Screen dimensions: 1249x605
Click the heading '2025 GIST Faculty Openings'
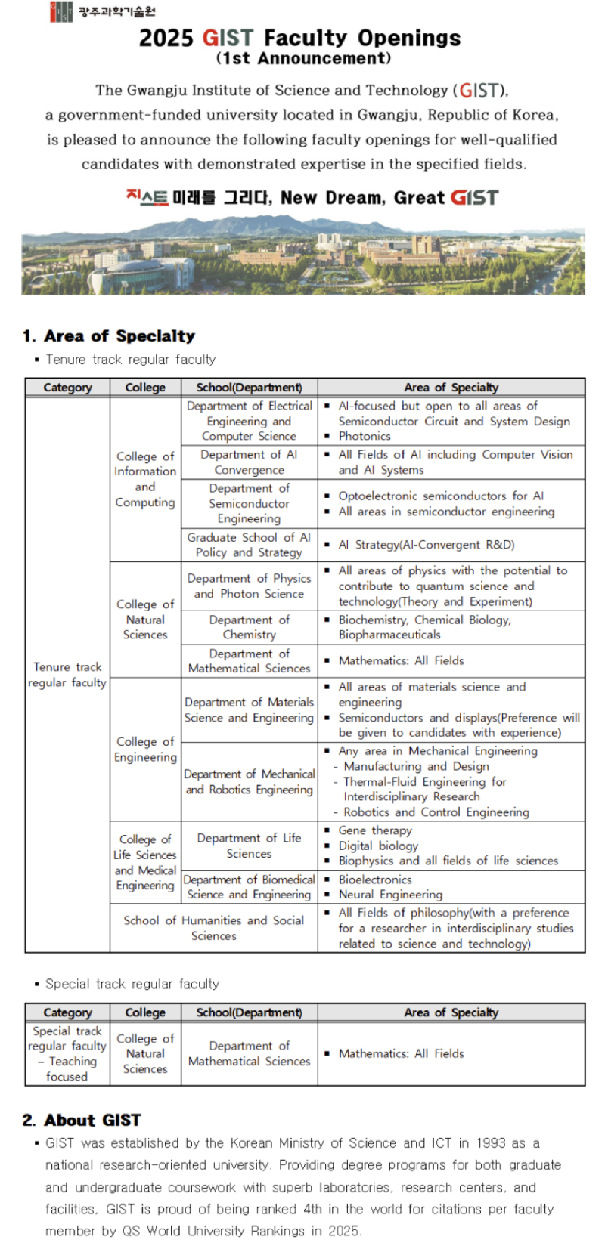point(299,38)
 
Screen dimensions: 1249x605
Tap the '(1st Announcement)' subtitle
point(303,58)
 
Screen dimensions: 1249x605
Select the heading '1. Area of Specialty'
point(109,336)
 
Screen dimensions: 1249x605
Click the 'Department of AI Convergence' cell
point(249,462)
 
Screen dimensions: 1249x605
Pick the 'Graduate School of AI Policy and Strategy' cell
point(249,545)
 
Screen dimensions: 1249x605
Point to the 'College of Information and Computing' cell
point(145,479)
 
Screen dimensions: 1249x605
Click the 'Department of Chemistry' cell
point(249,627)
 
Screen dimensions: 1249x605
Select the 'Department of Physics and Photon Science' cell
point(249,586)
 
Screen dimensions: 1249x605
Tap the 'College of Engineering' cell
point(145,749)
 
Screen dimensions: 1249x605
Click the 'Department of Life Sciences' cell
point(249,846)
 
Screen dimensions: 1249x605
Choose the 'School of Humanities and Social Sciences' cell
point(214,928)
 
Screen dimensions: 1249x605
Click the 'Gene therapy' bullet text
point(375,830)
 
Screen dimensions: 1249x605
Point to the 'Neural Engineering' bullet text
point(390,895)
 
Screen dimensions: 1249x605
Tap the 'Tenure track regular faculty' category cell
point(67,675)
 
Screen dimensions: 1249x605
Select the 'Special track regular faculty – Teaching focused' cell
point(67,1053)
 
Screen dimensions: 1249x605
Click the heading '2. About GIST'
point(82,1120)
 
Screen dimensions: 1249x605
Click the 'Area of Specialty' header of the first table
point(451,388)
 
